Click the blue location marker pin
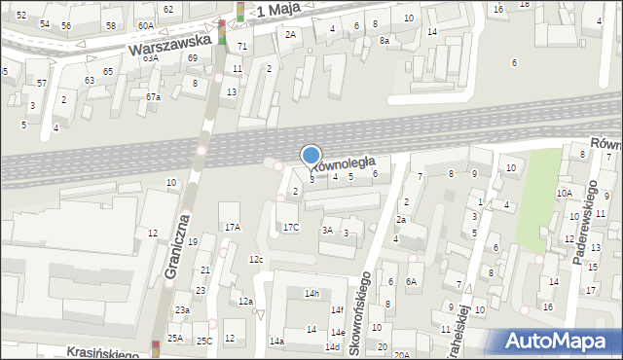(x=311, y=157)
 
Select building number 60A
(x=145, y=25)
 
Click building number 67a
(x=153, y=96)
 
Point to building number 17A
(x=232, y=227)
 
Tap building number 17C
(x=291, y=227)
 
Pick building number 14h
(x=311, y=293)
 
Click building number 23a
(x=182, y=309)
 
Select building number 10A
(x=564, y=193)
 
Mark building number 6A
(x=412, y=281)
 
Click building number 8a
(x=385, y=40)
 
